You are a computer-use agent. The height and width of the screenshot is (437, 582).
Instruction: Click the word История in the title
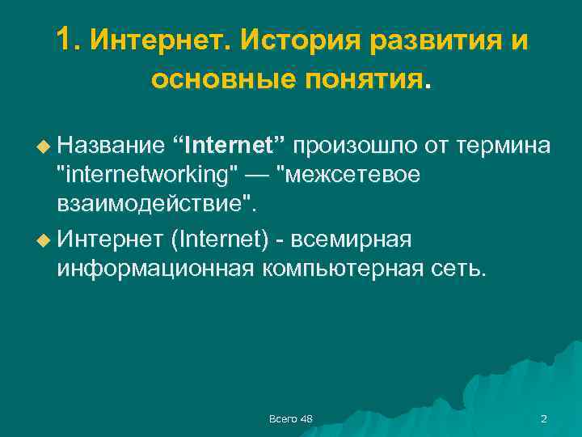(293, 39)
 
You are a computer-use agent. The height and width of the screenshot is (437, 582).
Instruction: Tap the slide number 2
(543, 418)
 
